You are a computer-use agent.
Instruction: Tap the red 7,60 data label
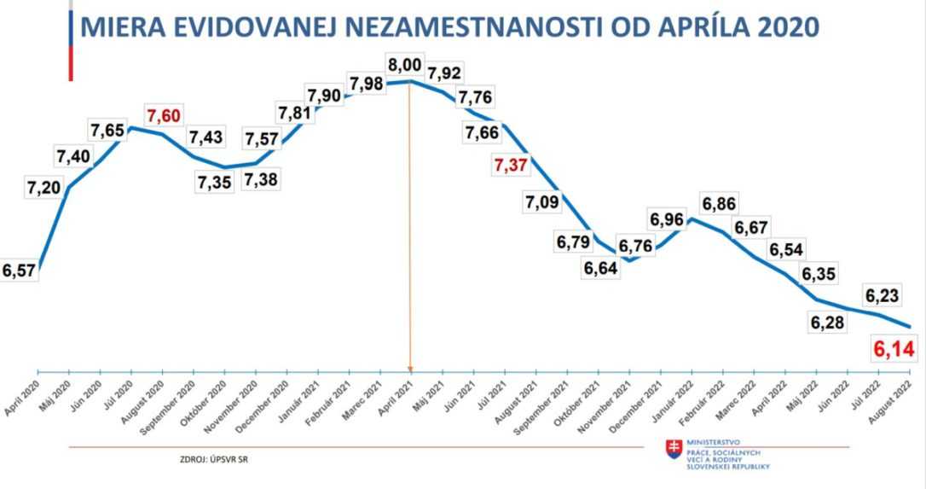(x=163, y=116)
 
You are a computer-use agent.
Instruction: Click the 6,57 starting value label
(x=19, y=271)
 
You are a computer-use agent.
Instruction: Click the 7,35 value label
(x=214, y=182)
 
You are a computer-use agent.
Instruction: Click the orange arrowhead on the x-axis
(x=410, y=369)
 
